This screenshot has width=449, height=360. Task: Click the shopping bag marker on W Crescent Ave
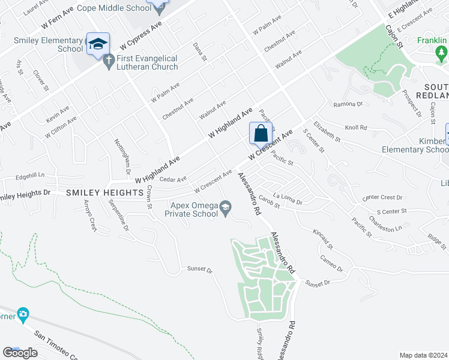[261, 133]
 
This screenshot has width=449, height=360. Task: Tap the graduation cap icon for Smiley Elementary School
[98, 44]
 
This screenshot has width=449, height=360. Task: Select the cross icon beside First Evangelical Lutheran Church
[109, 61]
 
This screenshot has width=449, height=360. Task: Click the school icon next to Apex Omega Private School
[226, 208]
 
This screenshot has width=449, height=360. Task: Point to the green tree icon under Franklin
[442, 54]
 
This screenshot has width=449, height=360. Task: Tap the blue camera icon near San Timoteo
[23, 314]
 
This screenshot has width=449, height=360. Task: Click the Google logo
[20, 353]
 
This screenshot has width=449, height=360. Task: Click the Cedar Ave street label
[173, 179]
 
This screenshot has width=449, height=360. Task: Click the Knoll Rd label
[355, 128]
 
